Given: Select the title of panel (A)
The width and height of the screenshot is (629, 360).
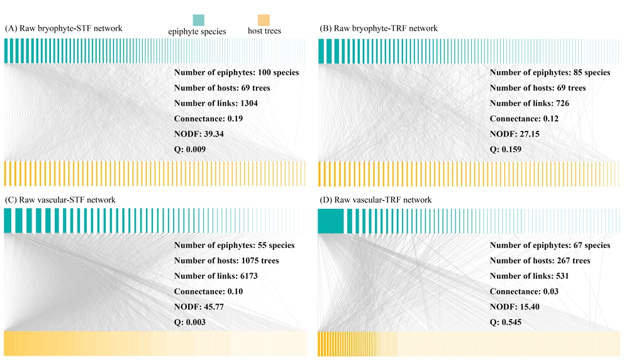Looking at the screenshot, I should click(63, 29).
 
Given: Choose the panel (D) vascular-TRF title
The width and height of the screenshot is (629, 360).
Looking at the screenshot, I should click(376, 200).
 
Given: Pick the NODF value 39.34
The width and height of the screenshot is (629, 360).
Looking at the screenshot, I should click(213, 134).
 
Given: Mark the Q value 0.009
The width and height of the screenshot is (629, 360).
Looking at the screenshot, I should click(194, 150).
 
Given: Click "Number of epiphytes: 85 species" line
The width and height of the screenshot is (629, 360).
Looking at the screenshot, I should click(550, 72).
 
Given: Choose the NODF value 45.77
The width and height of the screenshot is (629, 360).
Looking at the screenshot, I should click(213, 307).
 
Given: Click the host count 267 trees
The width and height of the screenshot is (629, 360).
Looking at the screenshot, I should click(569, 261).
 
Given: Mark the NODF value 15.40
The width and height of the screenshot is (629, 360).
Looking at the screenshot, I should click(528, 307).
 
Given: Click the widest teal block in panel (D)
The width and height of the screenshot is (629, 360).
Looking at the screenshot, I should click(330, 221).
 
